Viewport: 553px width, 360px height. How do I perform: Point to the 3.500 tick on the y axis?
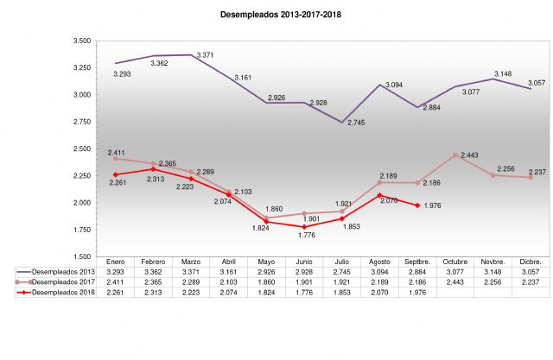coord(83,41)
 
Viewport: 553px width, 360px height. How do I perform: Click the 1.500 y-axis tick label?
coord(83,256)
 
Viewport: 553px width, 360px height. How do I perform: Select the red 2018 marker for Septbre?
coord(416,205)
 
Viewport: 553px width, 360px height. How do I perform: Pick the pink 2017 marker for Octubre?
coord(454,155)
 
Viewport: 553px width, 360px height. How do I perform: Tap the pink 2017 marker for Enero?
coord(116,159)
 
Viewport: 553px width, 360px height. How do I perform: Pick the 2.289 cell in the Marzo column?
coord(191,282)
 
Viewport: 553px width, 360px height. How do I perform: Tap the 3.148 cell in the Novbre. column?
coord(492,271)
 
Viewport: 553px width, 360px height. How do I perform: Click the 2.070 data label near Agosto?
coord(389,200)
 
